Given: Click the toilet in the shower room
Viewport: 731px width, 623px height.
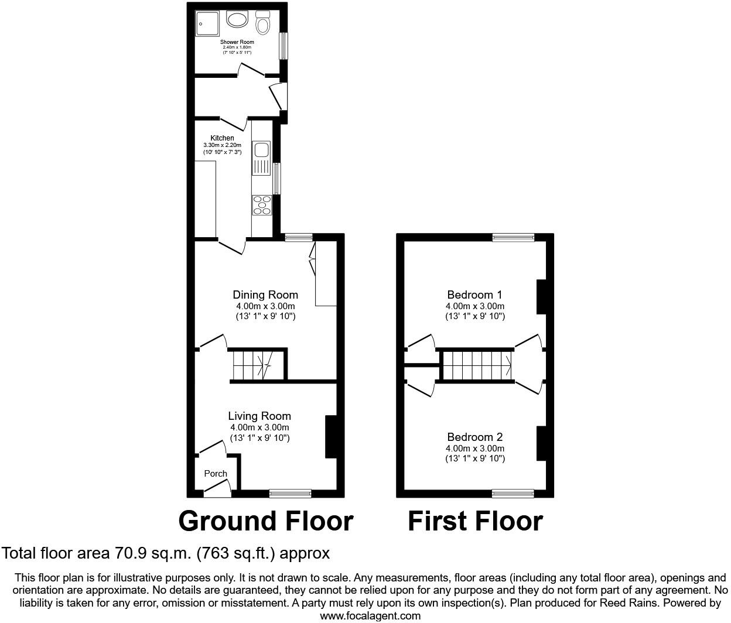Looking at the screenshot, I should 263,23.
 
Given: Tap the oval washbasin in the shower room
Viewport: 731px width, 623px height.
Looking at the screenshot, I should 237,20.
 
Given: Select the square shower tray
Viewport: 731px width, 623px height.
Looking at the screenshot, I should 207,22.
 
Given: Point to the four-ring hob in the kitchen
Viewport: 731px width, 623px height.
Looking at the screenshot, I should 262,204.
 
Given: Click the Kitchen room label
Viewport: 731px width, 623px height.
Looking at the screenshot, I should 222,138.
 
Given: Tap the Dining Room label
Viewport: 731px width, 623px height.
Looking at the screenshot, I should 265,295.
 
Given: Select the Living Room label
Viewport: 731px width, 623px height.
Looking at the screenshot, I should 259,416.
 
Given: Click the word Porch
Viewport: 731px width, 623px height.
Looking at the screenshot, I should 216,474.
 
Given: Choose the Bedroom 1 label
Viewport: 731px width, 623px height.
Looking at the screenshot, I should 474,295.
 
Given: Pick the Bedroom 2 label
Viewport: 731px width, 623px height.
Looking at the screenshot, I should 474,437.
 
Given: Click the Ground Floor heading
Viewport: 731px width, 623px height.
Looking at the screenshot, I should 265,521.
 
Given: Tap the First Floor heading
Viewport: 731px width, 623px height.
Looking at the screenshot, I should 475,521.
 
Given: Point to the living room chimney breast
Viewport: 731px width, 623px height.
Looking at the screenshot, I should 331,436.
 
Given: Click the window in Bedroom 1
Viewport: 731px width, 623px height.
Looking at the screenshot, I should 513,237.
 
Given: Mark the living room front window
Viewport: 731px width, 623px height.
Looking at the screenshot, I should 290,493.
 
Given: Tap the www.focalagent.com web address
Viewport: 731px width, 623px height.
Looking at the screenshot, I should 370,615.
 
